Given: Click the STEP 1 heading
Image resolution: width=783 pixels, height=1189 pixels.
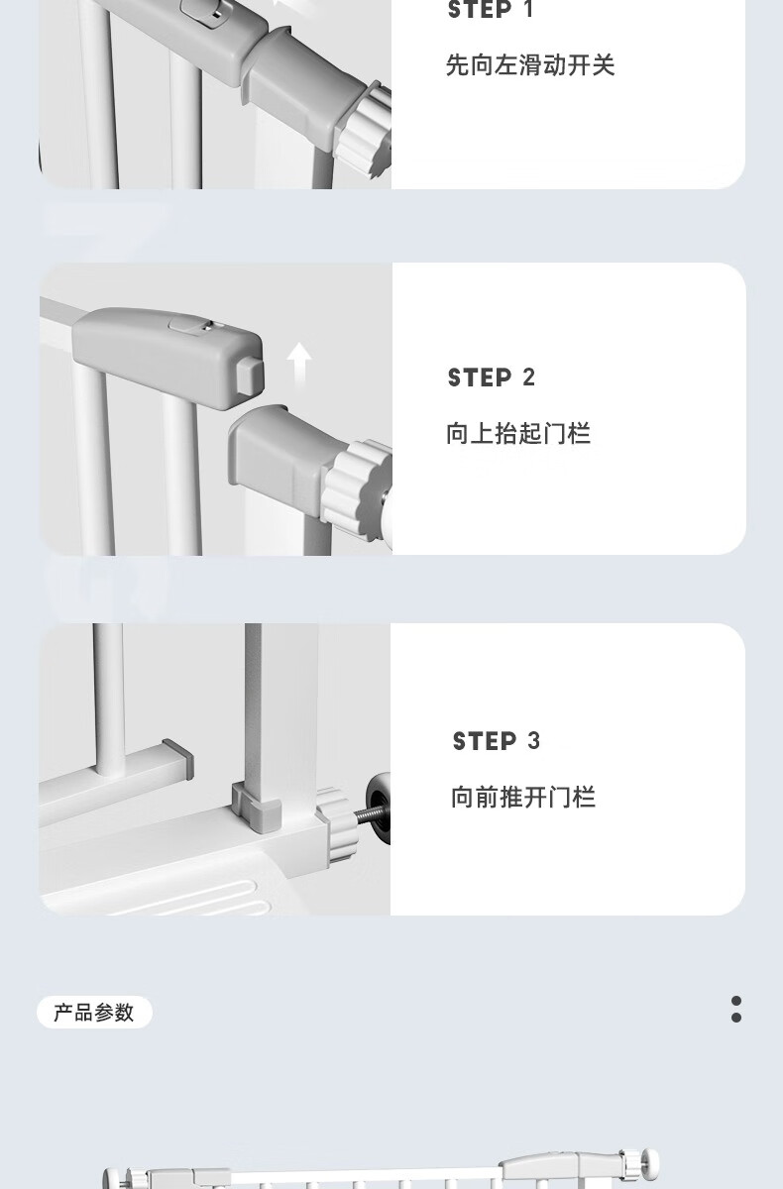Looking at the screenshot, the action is coord(490,10).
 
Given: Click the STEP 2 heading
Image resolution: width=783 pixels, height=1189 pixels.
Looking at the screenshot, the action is coord(491,378).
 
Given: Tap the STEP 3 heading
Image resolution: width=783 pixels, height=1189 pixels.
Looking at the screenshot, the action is coord(496,741).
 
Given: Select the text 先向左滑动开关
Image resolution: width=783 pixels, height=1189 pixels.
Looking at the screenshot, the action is coord(530,65).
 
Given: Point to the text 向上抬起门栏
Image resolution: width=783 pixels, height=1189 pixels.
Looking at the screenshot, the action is coord(518,433).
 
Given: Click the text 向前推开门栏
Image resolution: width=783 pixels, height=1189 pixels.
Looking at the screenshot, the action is coord(523,798).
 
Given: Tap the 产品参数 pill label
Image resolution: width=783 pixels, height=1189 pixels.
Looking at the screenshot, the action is coord(94,1013).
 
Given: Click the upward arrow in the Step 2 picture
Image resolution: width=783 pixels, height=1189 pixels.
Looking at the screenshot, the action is coord(299,365).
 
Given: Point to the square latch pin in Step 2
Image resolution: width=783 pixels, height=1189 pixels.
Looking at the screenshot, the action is coord(249,377).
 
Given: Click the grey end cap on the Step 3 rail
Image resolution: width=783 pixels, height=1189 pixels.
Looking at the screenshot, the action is coord(178,759).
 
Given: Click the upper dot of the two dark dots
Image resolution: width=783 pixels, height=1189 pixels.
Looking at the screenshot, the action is coord(736,1001).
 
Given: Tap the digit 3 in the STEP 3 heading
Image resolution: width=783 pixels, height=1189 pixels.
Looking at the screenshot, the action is coord(533,741).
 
